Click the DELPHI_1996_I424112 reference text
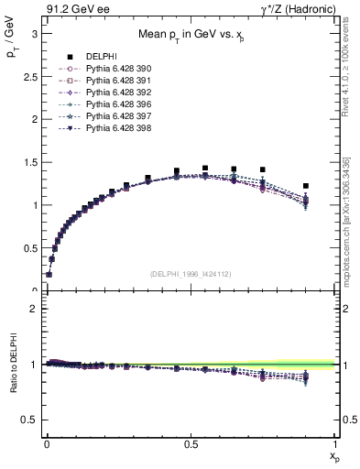click(x=191, y=274)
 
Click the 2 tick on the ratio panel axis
click(x=33, y=309)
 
